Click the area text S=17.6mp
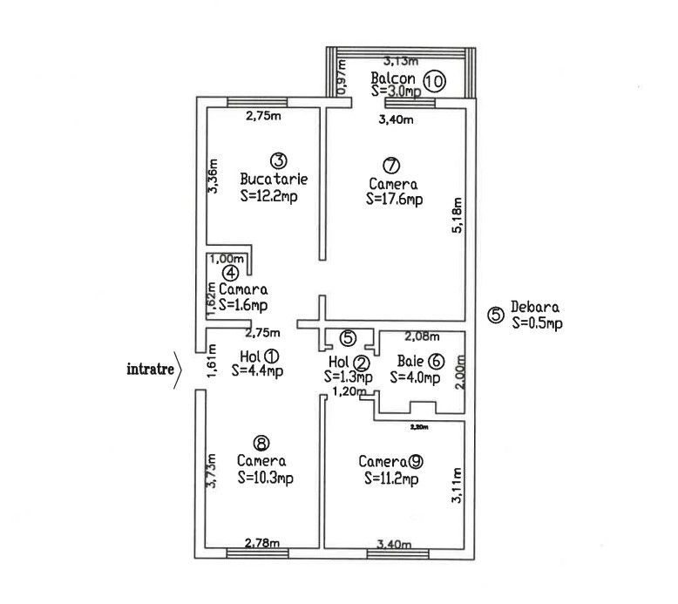coord(395,200)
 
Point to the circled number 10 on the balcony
coord(434,82)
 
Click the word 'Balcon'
coord(393,78)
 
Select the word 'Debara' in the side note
coord(536,308)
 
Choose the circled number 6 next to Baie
coord(436,361)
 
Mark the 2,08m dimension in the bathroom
coord(423,336)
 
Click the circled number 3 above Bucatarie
coord(278,160)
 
